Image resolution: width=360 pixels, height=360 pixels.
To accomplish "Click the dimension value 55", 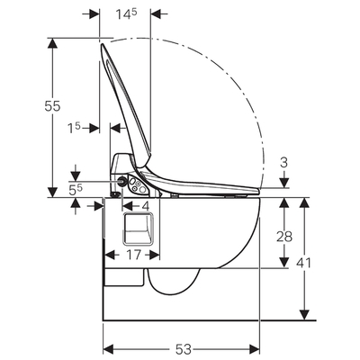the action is [x=52, y=106].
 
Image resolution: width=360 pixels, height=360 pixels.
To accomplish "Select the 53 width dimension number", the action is [x=184, y=349].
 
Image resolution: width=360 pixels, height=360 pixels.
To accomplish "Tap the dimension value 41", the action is [x=303, y=263].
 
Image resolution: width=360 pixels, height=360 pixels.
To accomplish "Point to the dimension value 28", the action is [x=284, y=237].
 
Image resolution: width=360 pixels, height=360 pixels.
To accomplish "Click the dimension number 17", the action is [x=133, y=255].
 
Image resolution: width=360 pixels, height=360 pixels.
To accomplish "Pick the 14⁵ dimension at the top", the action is [x=127, y=14].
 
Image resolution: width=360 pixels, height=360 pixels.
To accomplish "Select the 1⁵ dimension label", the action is [x=74, y=129].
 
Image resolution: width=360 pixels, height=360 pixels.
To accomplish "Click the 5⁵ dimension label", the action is [x=76, y=190].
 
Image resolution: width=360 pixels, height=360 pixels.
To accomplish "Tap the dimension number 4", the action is [x=146, y=206].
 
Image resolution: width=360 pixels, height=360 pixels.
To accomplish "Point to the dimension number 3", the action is [x=283, y=163].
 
